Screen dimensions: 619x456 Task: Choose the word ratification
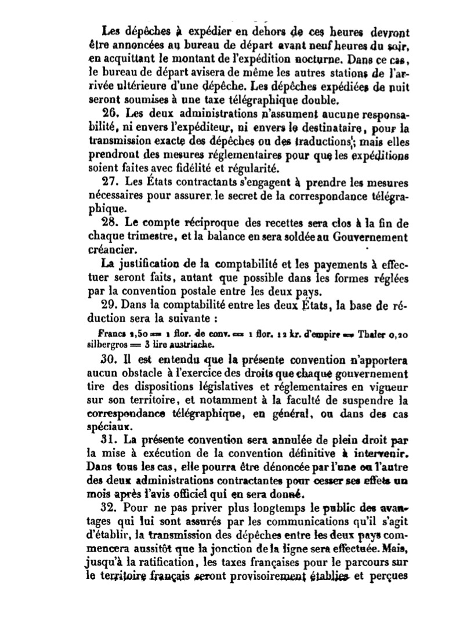(151, 560)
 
